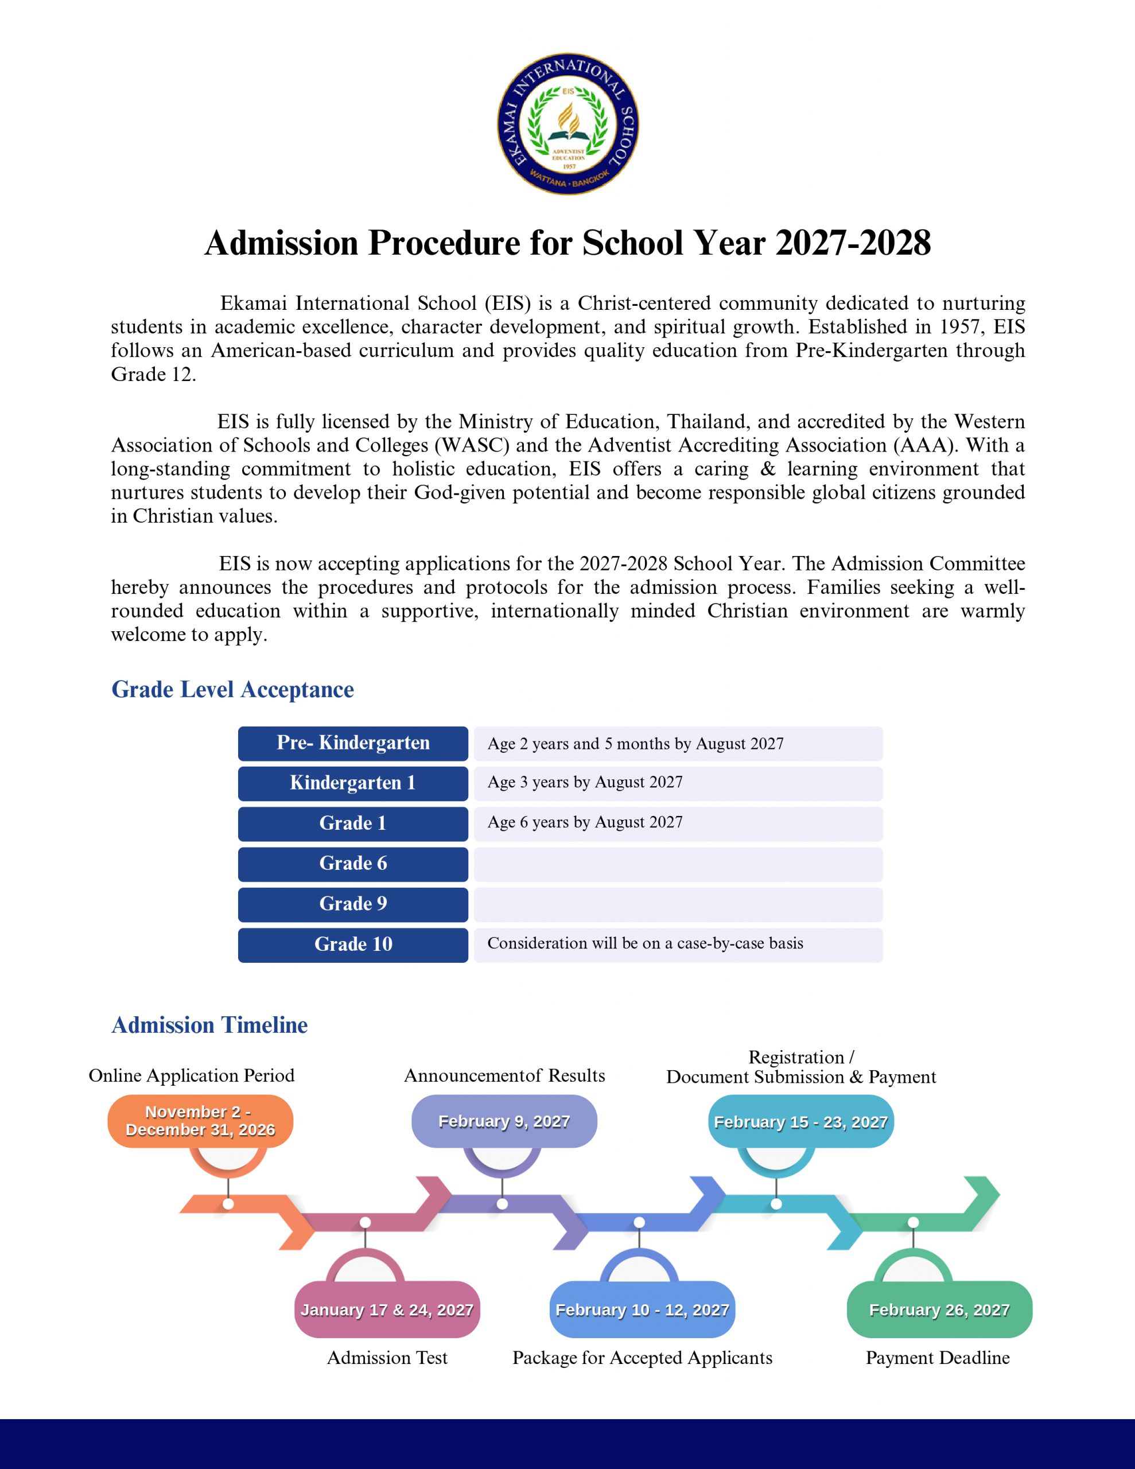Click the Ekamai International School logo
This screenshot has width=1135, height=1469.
568,124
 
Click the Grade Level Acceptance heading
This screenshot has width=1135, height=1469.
232,689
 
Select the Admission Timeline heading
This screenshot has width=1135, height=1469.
209,1024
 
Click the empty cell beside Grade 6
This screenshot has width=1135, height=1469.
678,864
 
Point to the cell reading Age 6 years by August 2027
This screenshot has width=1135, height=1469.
678,823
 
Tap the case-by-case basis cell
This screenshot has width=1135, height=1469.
678,945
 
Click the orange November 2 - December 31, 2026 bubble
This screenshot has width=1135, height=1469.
200,1121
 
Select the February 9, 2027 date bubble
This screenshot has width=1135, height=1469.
504,1121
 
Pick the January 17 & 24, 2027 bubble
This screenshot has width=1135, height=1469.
387,1309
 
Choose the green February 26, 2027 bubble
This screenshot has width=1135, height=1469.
939,1309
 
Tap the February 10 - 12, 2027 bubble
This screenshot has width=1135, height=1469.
642,1309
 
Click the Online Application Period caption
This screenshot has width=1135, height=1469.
192,1075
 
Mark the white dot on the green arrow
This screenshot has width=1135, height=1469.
913,1222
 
